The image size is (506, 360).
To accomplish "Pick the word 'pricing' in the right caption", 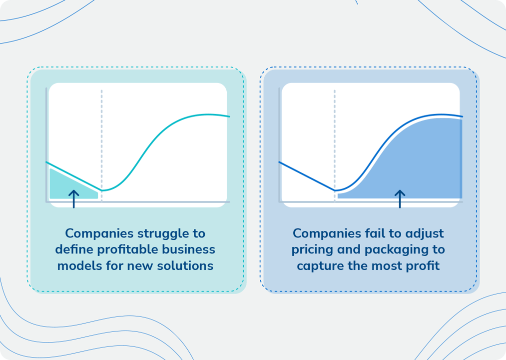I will coord(311,249).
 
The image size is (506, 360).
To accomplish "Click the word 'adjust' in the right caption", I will coord(425,233).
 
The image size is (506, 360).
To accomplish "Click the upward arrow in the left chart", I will coord(73,198).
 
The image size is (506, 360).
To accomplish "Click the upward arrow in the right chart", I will coord(400,198).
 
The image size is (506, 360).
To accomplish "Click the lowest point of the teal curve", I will coord(102,190).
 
